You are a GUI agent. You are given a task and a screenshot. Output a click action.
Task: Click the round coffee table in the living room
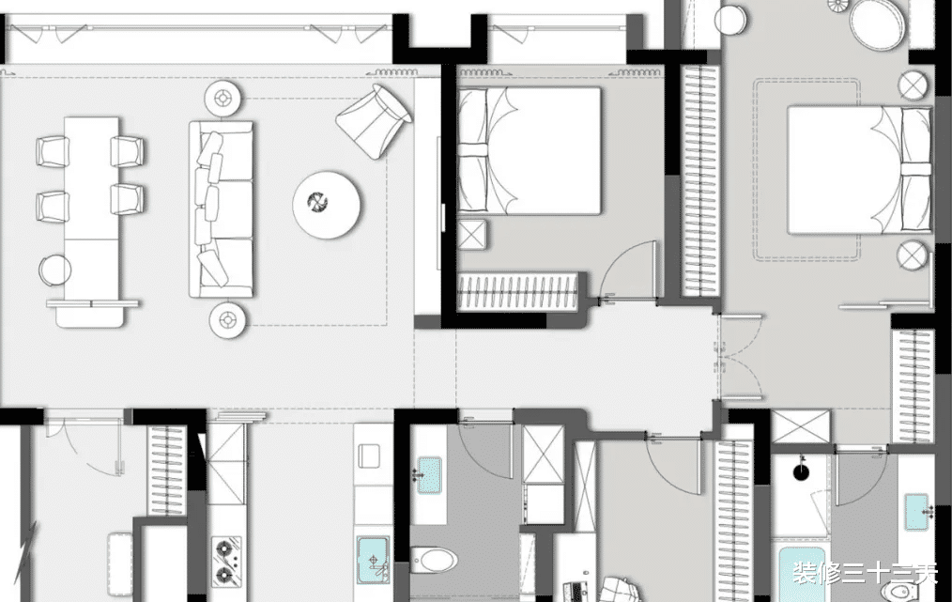point(327,205)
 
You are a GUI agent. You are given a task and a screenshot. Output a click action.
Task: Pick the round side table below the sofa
point(228,319)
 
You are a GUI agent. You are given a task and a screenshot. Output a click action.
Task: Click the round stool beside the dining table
point(55,270)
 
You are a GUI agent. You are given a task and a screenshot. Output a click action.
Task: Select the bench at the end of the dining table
point(92,312)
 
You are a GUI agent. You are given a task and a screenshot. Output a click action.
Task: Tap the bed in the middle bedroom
point(530,150)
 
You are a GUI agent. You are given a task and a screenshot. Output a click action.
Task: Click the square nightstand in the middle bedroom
point(471,235)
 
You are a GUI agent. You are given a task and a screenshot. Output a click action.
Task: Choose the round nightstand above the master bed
point(914,86)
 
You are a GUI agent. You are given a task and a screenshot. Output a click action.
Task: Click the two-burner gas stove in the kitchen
point(226,560)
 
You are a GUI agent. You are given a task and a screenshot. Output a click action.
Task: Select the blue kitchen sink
point(373,560)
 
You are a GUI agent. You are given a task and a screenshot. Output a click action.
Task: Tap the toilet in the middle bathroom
point(434,560)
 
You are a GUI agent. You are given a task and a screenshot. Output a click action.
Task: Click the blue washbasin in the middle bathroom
point(429,475)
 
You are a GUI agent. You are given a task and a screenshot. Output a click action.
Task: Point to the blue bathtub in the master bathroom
point(801,575)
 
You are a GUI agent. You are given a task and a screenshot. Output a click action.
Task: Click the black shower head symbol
point(802,471)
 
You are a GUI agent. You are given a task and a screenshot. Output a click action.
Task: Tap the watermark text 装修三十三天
point(865,574)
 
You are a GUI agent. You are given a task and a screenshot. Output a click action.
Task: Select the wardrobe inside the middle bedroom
point(517,291)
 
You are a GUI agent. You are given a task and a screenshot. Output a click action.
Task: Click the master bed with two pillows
point(859,170)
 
